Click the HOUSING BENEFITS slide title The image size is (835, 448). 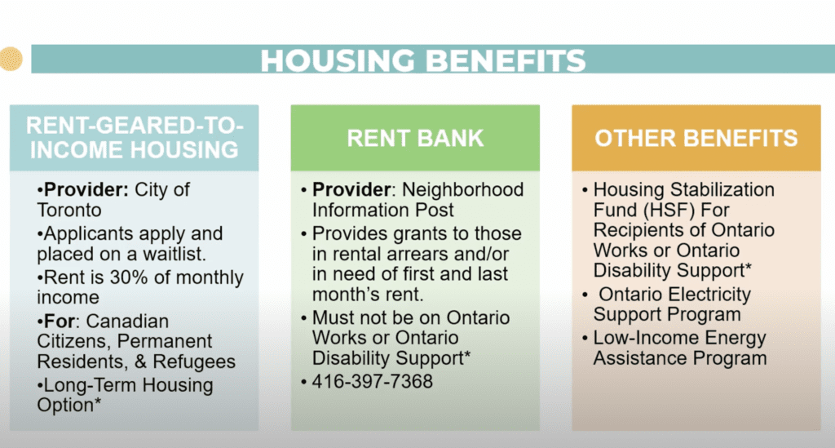tap(423, 60)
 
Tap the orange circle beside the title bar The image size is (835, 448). tap(11, 59)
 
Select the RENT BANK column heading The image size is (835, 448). tap(415, 138)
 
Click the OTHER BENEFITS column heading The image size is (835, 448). tap(696, 138)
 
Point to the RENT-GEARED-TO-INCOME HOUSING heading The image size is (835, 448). tap(135, 137)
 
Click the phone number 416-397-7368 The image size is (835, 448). tap(372, 381)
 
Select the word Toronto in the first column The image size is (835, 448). tap(69, 210)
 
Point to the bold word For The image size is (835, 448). tap(59, 322)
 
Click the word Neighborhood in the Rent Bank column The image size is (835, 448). tap(462, 189)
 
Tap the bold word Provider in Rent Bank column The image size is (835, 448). tap(351, 189)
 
